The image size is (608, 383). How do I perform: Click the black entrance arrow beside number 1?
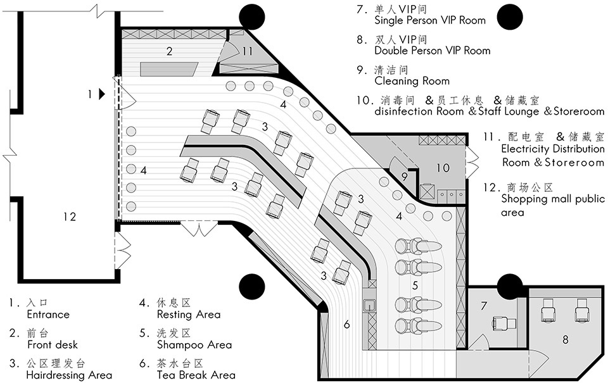[102, 94]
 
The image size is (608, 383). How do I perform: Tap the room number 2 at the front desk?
[170, 51]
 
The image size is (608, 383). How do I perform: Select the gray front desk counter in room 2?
[169, 68]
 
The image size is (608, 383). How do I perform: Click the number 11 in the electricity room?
[248, 51]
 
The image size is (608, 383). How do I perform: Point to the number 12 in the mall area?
[70, 217]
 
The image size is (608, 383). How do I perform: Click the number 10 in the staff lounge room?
[443, 168]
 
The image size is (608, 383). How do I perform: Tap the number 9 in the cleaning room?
[405, 177]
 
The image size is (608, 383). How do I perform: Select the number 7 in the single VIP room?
[483, 306]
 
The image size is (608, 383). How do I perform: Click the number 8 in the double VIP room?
[566, 339]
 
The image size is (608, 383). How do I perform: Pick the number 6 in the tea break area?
[346, 324]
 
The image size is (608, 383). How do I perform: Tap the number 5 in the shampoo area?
[415, 286]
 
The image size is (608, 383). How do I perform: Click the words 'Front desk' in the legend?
[53, 344]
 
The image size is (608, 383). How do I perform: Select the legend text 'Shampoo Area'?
[194, 344]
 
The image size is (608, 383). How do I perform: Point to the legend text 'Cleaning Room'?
[412, 81]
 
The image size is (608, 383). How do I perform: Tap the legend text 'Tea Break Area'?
[196, 375]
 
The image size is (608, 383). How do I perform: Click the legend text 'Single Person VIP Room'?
[430, 20]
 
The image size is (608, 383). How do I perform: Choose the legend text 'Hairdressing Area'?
[69, 375]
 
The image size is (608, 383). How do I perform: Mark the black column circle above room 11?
[251, 17]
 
